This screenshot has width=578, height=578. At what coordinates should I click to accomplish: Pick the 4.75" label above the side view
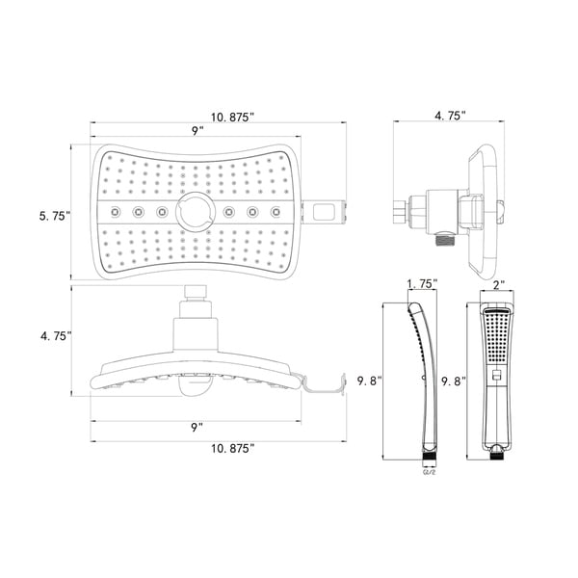click(450, 116)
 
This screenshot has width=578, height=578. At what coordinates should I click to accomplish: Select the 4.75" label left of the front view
click(55, 337)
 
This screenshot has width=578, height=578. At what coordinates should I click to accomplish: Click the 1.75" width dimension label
click(422, 284)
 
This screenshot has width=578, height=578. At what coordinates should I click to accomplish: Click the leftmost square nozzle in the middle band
click(116, 211)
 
